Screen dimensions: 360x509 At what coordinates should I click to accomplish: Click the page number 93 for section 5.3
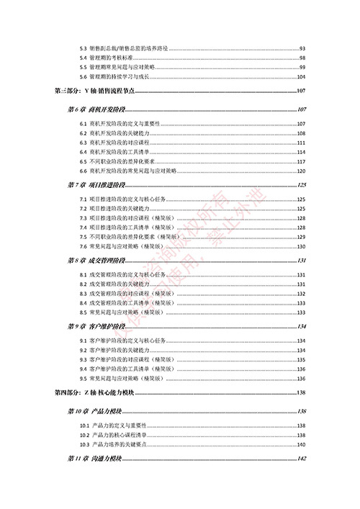(x=302, y=48)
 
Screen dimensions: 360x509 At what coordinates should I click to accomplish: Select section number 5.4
(x=84, y=58)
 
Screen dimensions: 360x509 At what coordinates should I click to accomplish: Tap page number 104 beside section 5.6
(x=302, y=76)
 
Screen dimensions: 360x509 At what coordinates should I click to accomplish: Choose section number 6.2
(x=84, y=134)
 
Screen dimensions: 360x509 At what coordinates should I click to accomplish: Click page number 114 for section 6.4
(x=302, y=153)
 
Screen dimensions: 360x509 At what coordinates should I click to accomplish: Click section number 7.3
(x=84, y=218)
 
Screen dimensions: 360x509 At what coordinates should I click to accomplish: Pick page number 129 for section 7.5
(x=302, y=237)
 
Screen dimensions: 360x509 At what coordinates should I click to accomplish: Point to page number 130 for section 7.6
(x=302, y=246)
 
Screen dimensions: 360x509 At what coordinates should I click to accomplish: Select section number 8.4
(x=84, y=303)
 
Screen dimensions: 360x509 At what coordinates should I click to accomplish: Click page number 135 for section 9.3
(x=302, y=359)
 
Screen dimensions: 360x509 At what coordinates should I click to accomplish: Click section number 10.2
(x=85, y=435)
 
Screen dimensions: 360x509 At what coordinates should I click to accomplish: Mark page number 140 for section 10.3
(x=302, y=444)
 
